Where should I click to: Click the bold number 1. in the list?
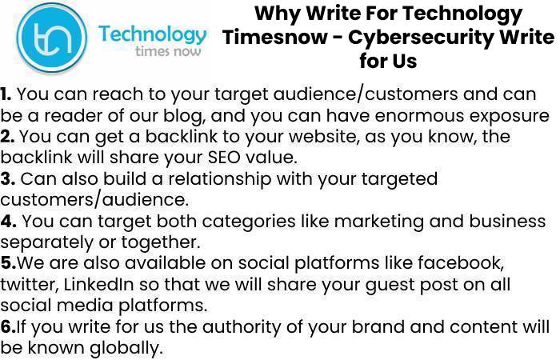point(6,94)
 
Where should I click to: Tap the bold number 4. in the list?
point(8,221)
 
